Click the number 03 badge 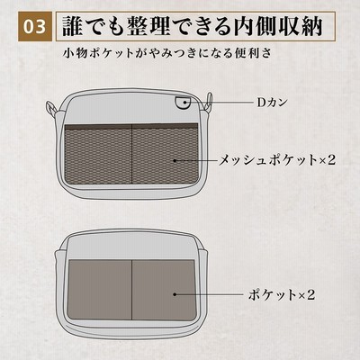point(34,27)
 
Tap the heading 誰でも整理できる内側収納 point(193,27)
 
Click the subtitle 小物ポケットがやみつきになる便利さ point(167,53)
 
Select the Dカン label point(272,103)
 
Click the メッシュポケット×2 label point(276,160)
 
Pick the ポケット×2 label point(282,294)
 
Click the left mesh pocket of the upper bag point(99,156)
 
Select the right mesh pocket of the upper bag point(166,156)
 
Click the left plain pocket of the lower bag point(100,290)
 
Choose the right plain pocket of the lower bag point(165,290)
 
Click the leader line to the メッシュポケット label point(195,160)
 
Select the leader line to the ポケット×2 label point(209,294)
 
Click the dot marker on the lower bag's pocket point(175,294)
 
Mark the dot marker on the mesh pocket point(175,160)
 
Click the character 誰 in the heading point(73,27)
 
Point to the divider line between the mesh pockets point(132,155)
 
